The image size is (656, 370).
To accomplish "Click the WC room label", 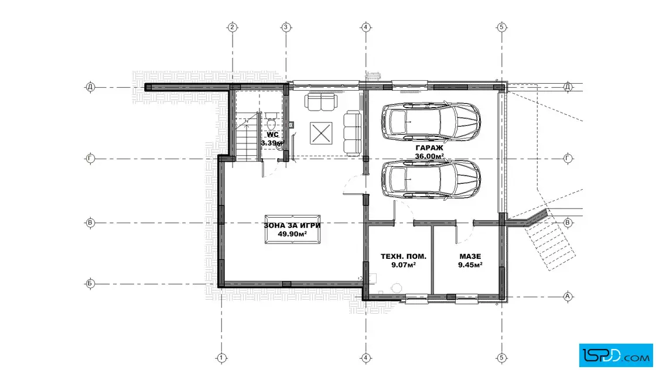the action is (272, 135).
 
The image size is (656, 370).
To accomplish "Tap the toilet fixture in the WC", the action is (271, 121).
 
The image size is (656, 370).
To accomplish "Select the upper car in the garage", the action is (431, 121).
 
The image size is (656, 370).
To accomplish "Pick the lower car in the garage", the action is (431, 179).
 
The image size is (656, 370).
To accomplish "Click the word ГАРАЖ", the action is (429, 148).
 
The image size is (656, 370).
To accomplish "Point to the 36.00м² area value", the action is (429, 156).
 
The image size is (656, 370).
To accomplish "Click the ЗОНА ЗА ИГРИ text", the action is (292, 225).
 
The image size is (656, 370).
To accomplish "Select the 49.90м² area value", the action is (292, 234).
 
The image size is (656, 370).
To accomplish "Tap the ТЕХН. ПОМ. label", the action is (404, 256).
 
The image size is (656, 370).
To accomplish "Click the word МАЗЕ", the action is (470, 256).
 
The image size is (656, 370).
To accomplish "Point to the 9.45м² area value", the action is (470, 265).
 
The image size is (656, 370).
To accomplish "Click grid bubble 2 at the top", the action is (233, 28).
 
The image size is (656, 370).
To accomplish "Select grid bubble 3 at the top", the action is (286, 28).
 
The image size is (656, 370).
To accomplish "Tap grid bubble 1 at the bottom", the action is (221, 358).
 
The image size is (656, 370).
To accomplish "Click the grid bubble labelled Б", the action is (90, 283).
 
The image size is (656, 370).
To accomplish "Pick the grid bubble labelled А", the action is (568, 296).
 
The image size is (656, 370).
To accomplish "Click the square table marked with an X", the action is (321, 133).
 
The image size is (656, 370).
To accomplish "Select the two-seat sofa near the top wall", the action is (321, 102).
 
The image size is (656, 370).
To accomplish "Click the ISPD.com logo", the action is (616, 355).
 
